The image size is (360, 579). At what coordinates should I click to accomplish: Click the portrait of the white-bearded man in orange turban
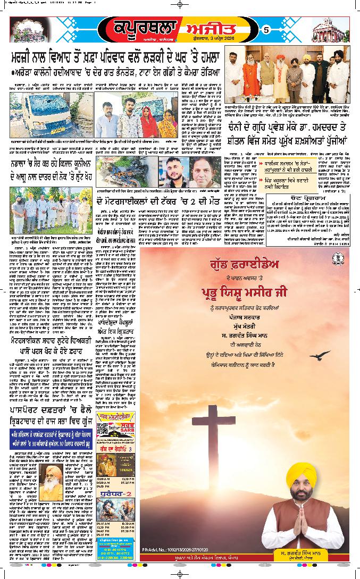point(50,475)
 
